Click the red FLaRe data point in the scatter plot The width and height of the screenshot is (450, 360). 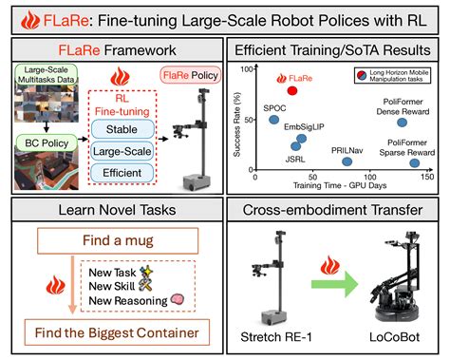click(x=293, y=90)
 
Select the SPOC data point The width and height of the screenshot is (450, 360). click(x=275, y=119)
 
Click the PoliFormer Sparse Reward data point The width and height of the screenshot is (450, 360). click(x=413, y=162)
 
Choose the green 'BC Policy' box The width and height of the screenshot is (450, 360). click(x=39, y=144)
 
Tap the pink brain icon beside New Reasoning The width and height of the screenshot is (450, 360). click(x=177, y=300)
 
